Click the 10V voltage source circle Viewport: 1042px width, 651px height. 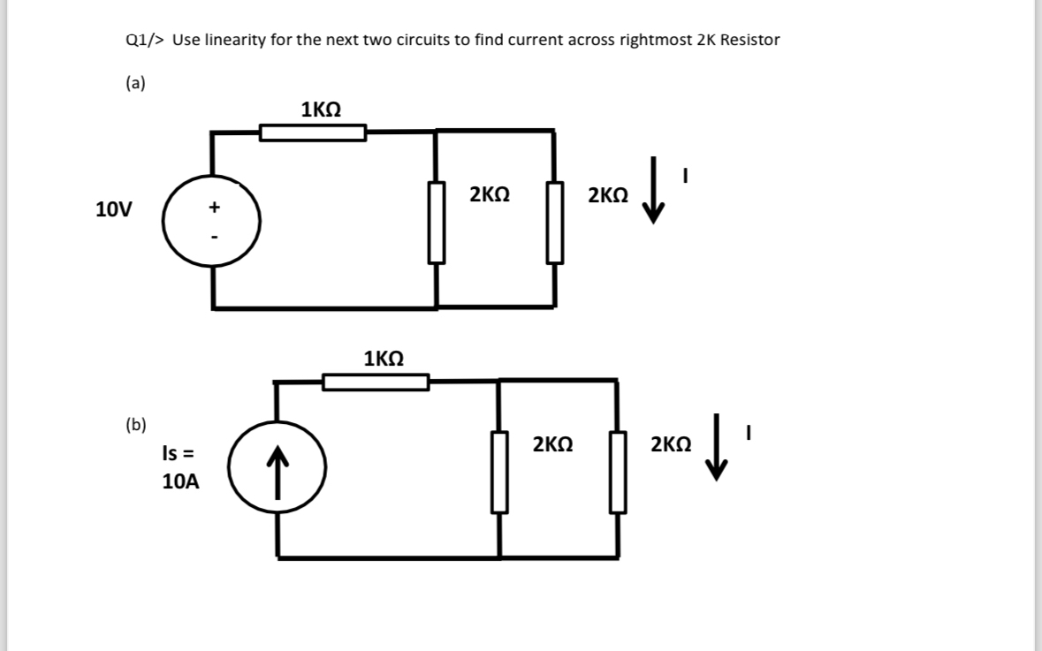(211, 221)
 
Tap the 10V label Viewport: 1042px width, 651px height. (114, 210)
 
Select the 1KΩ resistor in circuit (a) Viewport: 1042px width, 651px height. (313, 133)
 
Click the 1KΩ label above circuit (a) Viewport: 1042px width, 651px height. (321, 110)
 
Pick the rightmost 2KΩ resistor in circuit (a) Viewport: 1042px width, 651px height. (555, 222)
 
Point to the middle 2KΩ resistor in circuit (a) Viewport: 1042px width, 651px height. (437, 222)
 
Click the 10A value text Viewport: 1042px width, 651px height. (180, 482)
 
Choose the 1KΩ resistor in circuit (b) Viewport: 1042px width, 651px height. (376, 382)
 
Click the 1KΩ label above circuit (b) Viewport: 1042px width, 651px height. (384, 359)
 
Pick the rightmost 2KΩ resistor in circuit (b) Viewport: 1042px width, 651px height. (618, 472)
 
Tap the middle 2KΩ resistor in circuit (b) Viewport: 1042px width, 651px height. (499, 472)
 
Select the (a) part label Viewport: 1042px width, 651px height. (135, 84)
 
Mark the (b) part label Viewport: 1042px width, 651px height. (136, 424)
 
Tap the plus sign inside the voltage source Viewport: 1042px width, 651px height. (213, 208)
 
